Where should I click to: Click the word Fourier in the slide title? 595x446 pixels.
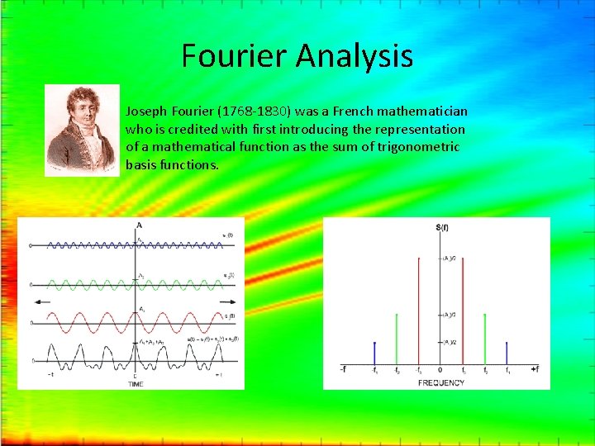click(x=234, y=56)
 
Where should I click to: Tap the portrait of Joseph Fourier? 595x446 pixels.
click(x=82, y=130)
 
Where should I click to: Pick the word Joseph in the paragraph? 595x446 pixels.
click(x=146, y=111)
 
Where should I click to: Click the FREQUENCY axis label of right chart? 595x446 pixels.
click(x=440, y=383)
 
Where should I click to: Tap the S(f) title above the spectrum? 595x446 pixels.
click(x=441, y=227)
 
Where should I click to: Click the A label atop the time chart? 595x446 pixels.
click(x=139, y=225)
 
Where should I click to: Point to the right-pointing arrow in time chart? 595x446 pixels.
click(x=232, y=303)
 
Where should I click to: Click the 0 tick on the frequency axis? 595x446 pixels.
click(x=440, y=371)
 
